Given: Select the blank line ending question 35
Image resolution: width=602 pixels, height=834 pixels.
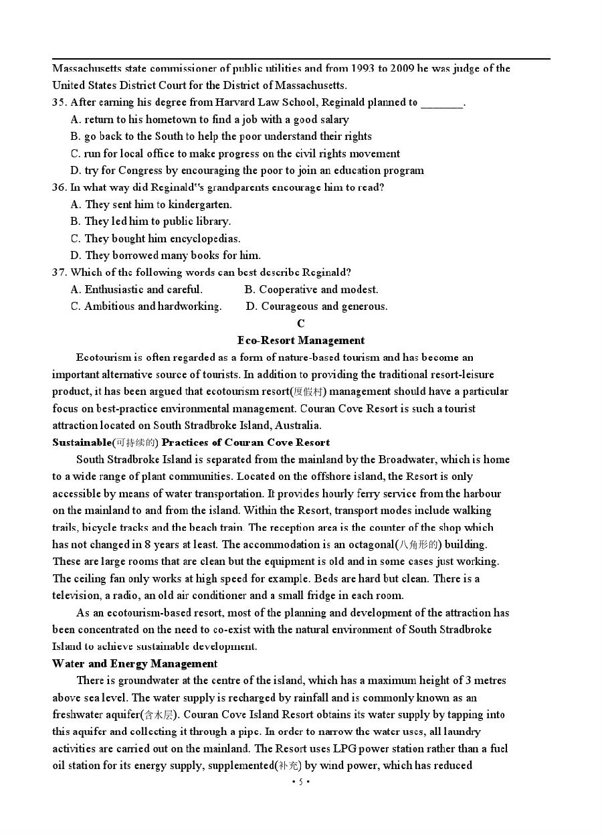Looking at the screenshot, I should [x=442, y=104].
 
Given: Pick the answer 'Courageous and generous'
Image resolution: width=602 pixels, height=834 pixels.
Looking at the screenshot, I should [x=316, y=307].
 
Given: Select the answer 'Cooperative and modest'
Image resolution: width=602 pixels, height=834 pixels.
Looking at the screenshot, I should [x=311, y=289].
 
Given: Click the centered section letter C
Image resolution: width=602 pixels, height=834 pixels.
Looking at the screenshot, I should [x=301, y=323].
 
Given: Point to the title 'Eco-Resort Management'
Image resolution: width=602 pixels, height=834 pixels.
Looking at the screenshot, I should [x=301, y=340].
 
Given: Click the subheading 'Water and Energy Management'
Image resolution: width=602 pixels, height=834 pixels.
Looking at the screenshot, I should [x=134, y=663].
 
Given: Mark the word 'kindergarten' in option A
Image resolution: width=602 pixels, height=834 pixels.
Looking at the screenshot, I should [x=200, y=204].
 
